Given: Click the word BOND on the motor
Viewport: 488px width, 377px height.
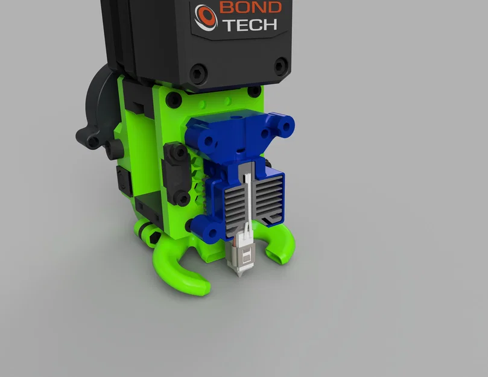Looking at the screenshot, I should tap(250, 8).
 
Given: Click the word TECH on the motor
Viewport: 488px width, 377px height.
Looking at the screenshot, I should tap(250, 25).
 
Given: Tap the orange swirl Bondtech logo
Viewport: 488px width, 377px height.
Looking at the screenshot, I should tap(206, 17).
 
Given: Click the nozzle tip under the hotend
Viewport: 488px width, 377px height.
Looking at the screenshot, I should tap(241, 275).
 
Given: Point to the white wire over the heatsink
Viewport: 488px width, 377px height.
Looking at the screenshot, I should tap(247, 193).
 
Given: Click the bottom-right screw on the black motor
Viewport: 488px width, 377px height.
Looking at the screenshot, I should tap(281, 66).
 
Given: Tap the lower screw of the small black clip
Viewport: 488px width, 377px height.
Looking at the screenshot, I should tap(179, 195).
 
